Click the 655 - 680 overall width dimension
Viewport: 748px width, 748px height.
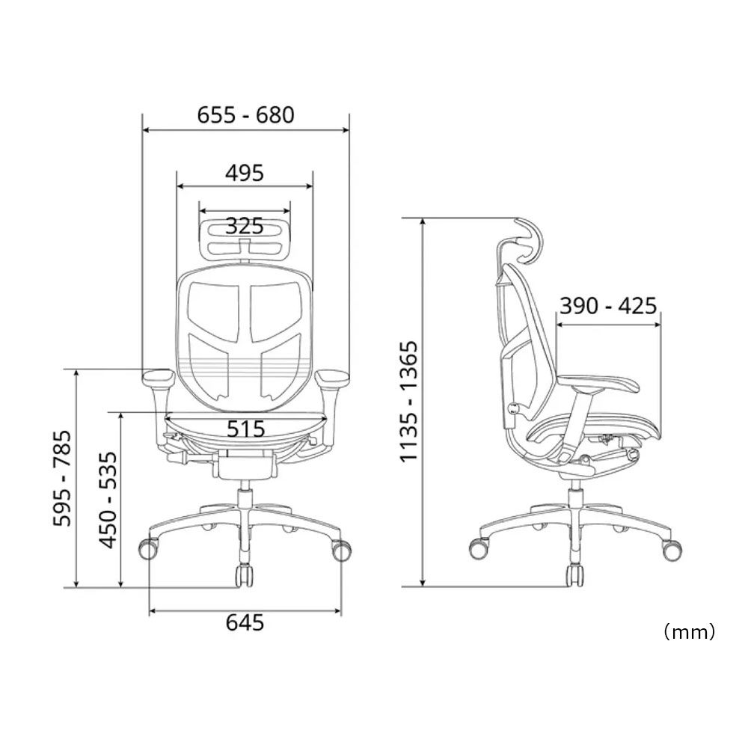[245, 115]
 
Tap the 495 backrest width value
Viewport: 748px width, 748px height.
[245, 173]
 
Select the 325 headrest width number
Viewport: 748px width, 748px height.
[245, 226]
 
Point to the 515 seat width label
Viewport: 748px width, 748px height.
[245, 429]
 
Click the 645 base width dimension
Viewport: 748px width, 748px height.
[245, 622]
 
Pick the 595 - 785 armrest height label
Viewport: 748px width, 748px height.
[62, 479]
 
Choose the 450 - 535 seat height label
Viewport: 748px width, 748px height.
[108, 500]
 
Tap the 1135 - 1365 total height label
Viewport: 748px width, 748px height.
[409, 401]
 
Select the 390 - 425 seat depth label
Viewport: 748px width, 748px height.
[608, 305]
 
